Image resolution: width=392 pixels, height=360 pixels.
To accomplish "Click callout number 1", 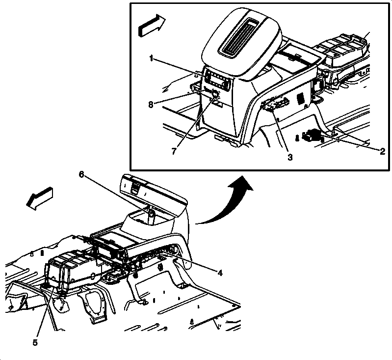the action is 151,58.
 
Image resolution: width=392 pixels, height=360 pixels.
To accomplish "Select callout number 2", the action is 382,151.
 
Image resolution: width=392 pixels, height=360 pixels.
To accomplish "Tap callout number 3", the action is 290,158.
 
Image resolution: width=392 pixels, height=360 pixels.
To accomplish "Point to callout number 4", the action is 220,273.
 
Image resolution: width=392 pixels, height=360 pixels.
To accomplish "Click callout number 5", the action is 35,343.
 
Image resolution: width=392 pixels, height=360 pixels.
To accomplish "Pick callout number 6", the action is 81,174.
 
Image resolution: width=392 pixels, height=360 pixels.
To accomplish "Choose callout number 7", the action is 174,151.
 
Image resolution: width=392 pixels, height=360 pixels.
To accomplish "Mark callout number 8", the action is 151,105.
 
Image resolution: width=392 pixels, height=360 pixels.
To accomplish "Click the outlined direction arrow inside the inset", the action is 152,26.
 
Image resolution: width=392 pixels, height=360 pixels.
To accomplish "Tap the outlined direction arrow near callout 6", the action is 40,198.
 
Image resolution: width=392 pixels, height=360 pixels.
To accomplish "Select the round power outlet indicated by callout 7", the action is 214,94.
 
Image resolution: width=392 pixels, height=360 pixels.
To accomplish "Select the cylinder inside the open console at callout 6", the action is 152,217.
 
